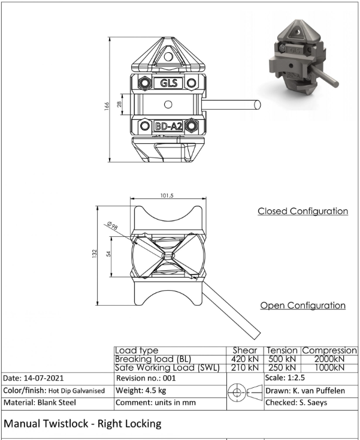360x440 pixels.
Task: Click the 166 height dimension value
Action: coord(107,106)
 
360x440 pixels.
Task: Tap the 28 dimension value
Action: coord(119,104)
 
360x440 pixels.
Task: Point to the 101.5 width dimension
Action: coord(167,195)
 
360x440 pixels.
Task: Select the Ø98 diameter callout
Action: coord(112,225)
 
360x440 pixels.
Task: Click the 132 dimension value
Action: coord(95,254)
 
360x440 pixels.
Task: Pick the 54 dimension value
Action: coord(108,254)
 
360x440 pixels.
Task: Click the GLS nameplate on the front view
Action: coord(168,83)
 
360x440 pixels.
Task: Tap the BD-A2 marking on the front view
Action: coord(169,126)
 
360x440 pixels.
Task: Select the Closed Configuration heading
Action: coord(303,211)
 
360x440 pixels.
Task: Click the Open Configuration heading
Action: coord(303,305)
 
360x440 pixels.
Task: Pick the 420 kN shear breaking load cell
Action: coord(245,359)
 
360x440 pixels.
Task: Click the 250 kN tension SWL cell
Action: coord(282,367)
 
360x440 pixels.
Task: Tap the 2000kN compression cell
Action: coord(329,359)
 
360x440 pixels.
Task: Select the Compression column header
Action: coord(329,351)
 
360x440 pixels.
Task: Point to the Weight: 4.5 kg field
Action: coord(141,390)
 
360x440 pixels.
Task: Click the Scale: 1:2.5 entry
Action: coord(285,378)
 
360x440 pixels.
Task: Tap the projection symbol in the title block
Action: coord(245,392)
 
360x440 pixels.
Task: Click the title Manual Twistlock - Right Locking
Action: coord(83,424)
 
